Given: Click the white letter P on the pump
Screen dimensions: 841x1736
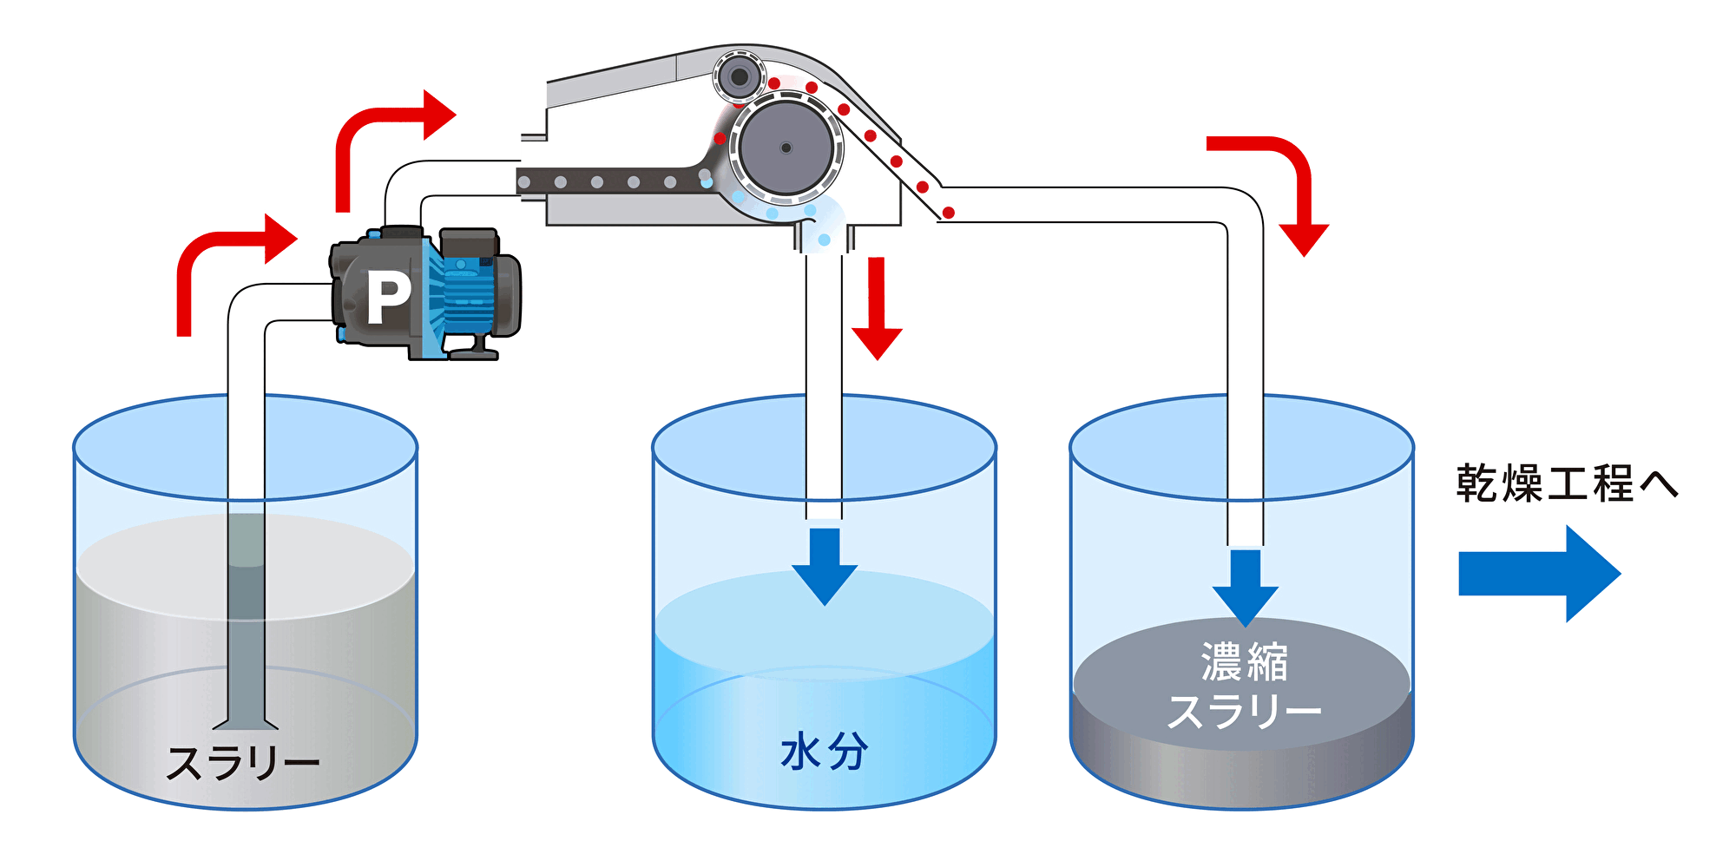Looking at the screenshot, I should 387,298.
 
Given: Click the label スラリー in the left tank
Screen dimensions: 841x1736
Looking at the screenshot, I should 243,764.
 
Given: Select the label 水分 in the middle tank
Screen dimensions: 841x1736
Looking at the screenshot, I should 824,752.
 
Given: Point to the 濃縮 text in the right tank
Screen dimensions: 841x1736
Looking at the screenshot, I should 1244,662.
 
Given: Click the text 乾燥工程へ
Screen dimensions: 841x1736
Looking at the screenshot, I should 1567,483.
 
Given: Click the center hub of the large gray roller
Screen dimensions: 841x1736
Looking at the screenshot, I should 786,148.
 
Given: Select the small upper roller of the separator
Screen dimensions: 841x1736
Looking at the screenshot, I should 740,77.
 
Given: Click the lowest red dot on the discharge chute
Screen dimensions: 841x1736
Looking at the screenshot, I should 949,213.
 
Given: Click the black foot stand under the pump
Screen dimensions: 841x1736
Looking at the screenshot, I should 474,350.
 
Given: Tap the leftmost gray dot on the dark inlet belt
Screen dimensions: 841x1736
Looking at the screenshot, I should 524,182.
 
